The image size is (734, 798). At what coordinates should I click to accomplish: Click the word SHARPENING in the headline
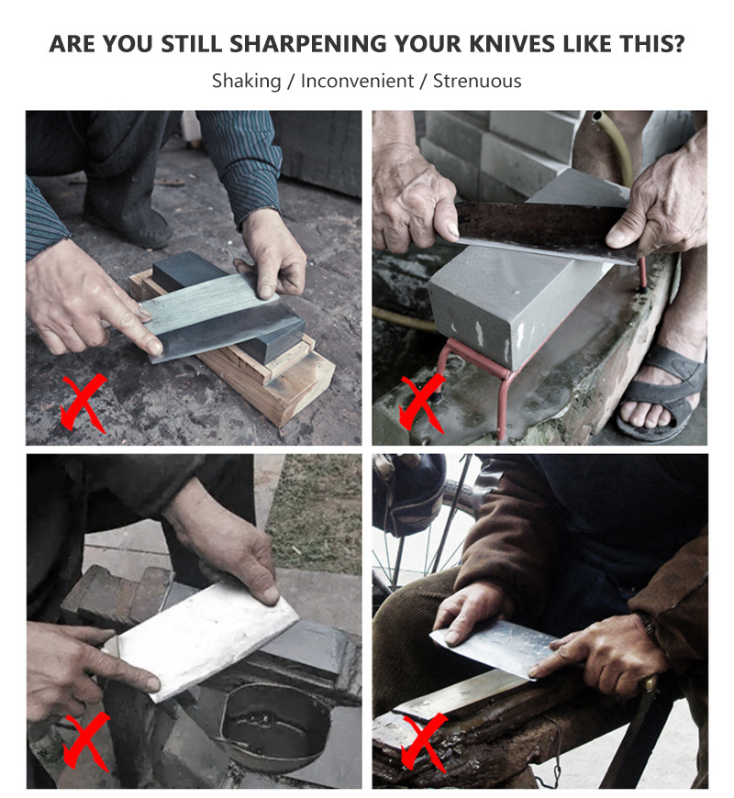(x=308, y=44)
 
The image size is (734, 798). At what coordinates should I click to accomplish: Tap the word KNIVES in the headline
(x=512, y=44)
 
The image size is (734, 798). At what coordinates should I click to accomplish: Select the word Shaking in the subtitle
(x=247, y=81)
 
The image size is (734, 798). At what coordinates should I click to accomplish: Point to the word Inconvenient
(x=357, y=81)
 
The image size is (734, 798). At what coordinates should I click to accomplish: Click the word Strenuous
(x=477, y=81)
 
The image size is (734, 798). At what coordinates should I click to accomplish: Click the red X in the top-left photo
(x=83, y=403)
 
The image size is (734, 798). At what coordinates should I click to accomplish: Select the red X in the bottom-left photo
(x=86, y=741)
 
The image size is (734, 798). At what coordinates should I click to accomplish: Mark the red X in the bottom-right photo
(x=425, y=743)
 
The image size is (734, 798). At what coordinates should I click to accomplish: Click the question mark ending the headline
(x=677, y=44)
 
